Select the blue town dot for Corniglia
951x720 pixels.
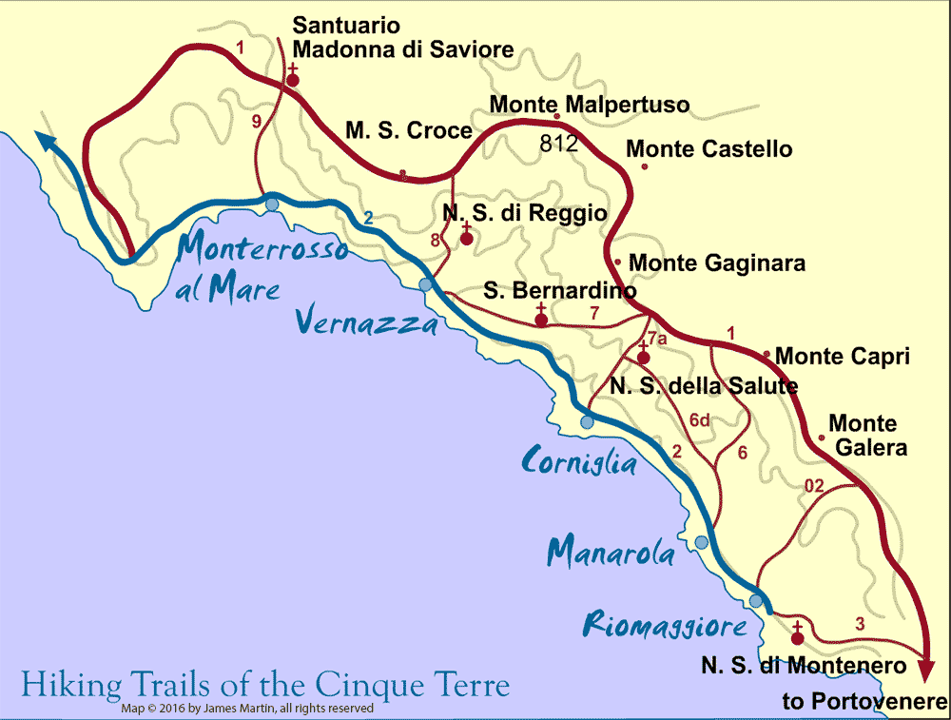click(588, 421)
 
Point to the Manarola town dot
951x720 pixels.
click(702, 542)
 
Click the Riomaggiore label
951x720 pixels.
click(665, 627)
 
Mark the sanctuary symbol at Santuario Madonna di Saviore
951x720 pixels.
click(293, 78)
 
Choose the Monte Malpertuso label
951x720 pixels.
click(589, 104)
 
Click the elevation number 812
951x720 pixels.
click(559, 145)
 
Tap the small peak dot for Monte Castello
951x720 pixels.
click(645, 166)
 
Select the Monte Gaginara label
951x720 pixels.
click(717, 263)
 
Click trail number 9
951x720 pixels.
click(256, 121)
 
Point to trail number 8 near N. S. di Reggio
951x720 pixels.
click(436, 241)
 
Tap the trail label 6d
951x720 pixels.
click(700, 419)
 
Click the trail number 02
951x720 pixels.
click(814, 486)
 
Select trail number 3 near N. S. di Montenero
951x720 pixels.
click(860, 624)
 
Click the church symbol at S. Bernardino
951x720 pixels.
click(541, 318)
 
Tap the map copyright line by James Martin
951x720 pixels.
click(247, 709)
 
